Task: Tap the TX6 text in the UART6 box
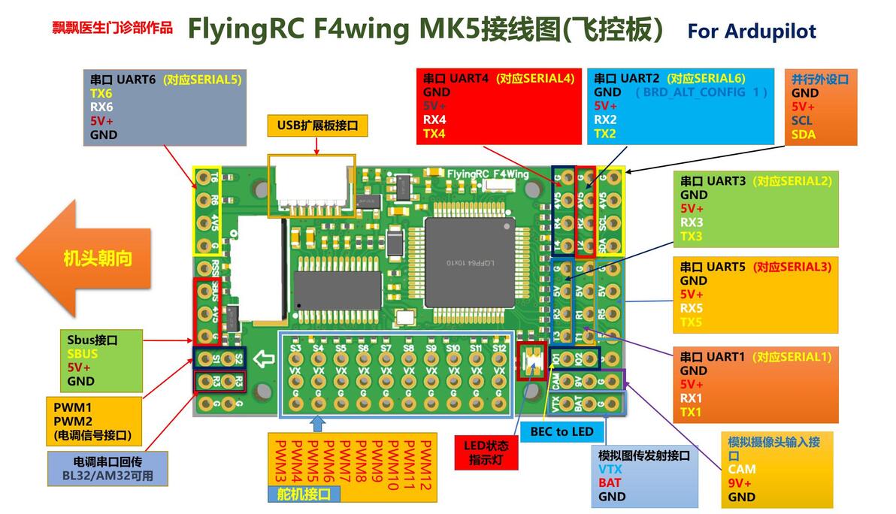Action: pyautogui.click(x=101, y=93)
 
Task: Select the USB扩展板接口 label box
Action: pyautogui.click(x=317, y=125)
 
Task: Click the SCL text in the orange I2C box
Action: pyautogui.click(x=802, y=120)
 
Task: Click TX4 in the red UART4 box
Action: pyautogui.click(x=434, y=134)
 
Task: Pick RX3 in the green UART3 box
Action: pyautogui.click(x=692, y=222)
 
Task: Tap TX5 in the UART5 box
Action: pyautogui.click(x=691, y=322)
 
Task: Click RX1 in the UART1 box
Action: pyautogui.click(x=691, y=398)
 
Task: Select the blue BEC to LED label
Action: pyautogui.click(x=562, y=431)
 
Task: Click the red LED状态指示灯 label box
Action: pyautogui.click(x=486, y=452)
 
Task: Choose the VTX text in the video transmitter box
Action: pyautogui.click(x=610, y=469)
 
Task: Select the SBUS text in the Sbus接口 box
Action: pyautogui.click(x=82, y=354)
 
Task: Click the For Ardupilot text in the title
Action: pyautogui.click(x=751, y=31)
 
